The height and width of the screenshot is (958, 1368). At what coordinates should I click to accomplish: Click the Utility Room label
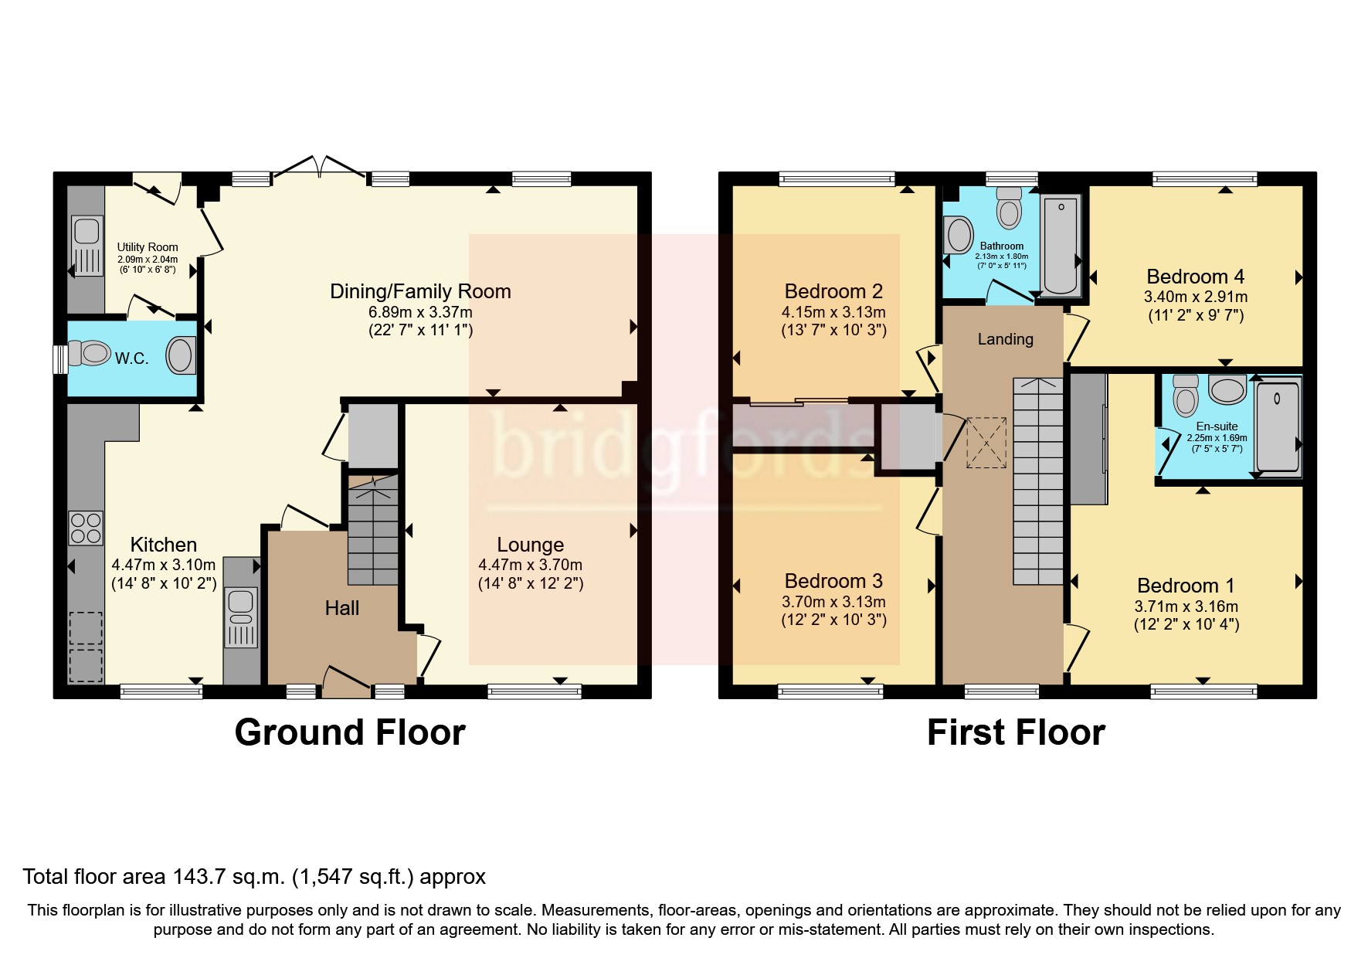click(147, 247)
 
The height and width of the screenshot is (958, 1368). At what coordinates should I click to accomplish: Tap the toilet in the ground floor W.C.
click(90, 355)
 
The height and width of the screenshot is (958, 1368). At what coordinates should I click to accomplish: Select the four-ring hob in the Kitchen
click(86, 528)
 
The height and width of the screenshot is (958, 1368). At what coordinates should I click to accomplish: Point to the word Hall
click(341, 609)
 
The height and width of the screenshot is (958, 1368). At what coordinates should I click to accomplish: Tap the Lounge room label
click(530, 545)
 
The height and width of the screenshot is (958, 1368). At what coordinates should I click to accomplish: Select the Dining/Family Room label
click(420, 291)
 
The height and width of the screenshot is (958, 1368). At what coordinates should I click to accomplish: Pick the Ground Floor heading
click(349, 732)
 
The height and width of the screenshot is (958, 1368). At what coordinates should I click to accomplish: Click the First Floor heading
click(1015, 732)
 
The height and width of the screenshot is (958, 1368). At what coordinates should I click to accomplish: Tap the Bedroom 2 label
click(833, 291)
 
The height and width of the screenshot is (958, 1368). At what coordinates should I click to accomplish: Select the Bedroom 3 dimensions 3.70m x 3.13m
click(834, 602)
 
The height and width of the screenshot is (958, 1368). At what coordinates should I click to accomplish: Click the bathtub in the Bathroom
click(1061, 244)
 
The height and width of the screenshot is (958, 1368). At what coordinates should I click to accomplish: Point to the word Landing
click(1004, 339)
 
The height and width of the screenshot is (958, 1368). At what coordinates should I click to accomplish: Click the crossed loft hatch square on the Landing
click(987, 442)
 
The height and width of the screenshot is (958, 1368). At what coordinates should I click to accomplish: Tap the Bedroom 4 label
click(1195, 277)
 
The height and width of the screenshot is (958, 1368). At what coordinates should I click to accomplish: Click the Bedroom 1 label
click(1186, 586)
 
